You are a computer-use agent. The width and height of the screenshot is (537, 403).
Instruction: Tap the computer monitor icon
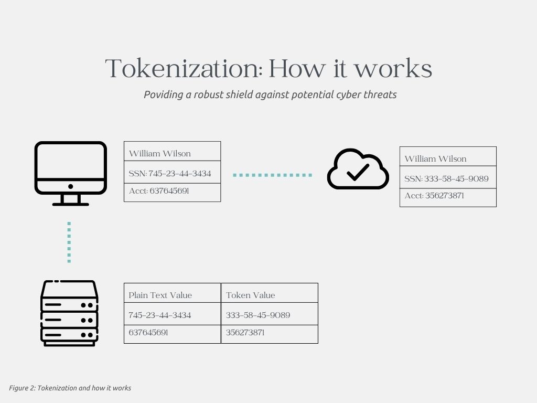71,173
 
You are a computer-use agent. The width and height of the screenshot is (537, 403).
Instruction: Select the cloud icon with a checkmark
358,169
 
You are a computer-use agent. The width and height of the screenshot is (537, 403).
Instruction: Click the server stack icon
70,313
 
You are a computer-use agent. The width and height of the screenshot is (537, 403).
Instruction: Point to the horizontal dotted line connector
272,175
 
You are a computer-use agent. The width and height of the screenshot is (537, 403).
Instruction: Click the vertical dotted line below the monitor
69,242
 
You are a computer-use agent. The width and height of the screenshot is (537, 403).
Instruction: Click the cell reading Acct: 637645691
159,191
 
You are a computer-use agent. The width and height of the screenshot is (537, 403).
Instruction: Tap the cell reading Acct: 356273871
434,196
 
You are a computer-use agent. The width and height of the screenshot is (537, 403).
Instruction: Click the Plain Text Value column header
160,295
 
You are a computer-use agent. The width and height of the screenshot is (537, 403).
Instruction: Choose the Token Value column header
251,295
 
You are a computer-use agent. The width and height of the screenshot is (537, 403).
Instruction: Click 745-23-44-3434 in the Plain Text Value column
160,315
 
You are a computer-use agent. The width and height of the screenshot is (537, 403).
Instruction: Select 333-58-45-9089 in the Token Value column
258,315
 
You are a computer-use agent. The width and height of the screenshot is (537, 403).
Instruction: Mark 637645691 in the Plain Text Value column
148,333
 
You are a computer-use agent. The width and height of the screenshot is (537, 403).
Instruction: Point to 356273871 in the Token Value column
245,333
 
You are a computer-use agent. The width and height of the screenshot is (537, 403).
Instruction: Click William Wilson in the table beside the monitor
160,154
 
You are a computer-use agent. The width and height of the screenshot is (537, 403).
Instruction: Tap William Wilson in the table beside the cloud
435,159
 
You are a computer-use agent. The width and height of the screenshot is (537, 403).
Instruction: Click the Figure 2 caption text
70,388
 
